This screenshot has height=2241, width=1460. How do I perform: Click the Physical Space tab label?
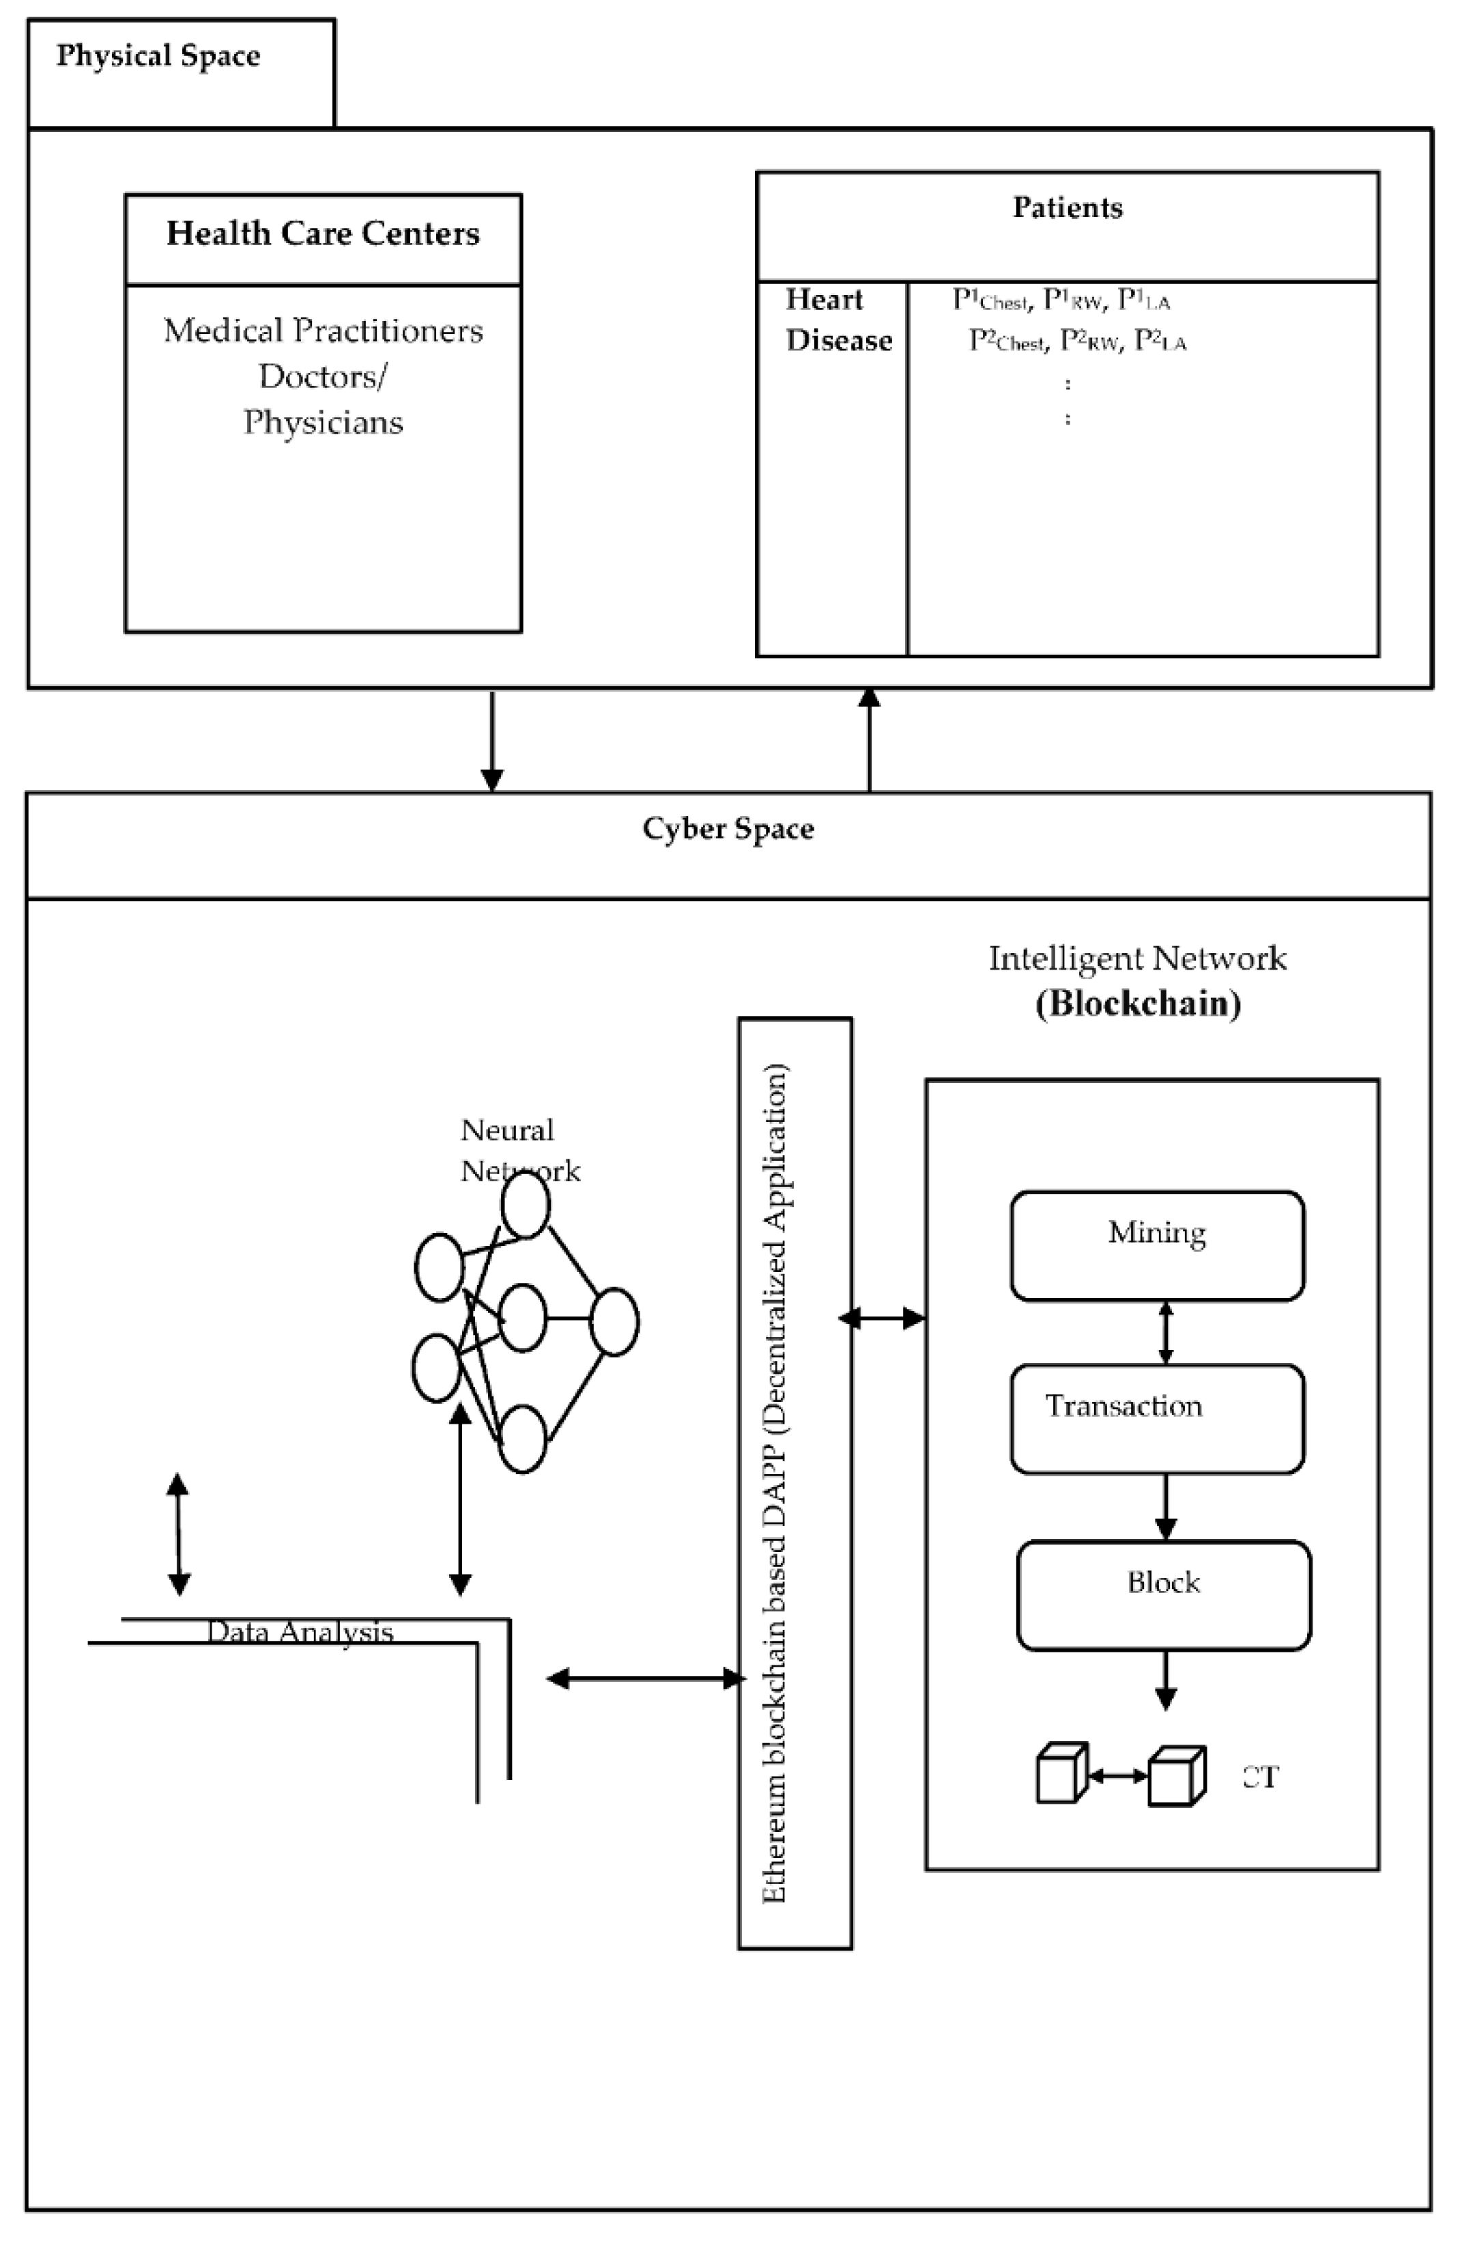click(158, 55)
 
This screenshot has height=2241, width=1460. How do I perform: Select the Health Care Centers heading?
click(323, 234)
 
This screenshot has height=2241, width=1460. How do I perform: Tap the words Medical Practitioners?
click(323, 330)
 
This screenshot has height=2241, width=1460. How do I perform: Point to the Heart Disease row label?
click(838, 320)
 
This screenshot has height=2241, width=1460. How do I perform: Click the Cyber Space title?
click(728, 829)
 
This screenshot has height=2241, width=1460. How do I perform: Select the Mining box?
click(1157, 1245)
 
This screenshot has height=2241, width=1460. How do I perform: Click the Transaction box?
click(1157, 1418)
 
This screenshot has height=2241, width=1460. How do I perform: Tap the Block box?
click(1164, 1594)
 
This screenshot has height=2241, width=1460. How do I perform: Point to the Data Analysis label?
click(300, 1632)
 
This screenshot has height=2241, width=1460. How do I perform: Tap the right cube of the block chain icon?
click(1176, 1777)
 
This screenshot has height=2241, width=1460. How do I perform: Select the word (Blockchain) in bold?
click(1138, 1004)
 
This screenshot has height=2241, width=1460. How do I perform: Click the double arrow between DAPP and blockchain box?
click(881, 1319)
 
